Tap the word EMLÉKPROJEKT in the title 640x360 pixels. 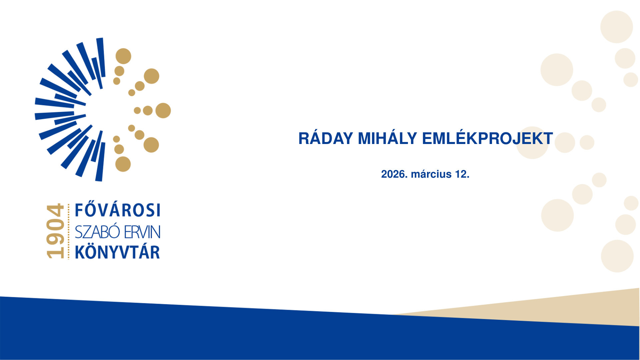tap(488, 138)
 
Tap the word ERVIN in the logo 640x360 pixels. tap(142, 232)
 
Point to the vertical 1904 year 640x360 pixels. tap(55, 231)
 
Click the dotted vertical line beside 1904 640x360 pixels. tap(69, 231)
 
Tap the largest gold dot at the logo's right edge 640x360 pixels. tap(163, 110)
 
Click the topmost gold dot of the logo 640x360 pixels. tap(123, 56)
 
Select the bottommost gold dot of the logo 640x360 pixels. tap(123, 164)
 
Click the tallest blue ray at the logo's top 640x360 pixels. tap(101, 57)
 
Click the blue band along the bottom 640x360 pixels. tap(320, 333)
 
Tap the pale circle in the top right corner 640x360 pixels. tap(617, 27)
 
